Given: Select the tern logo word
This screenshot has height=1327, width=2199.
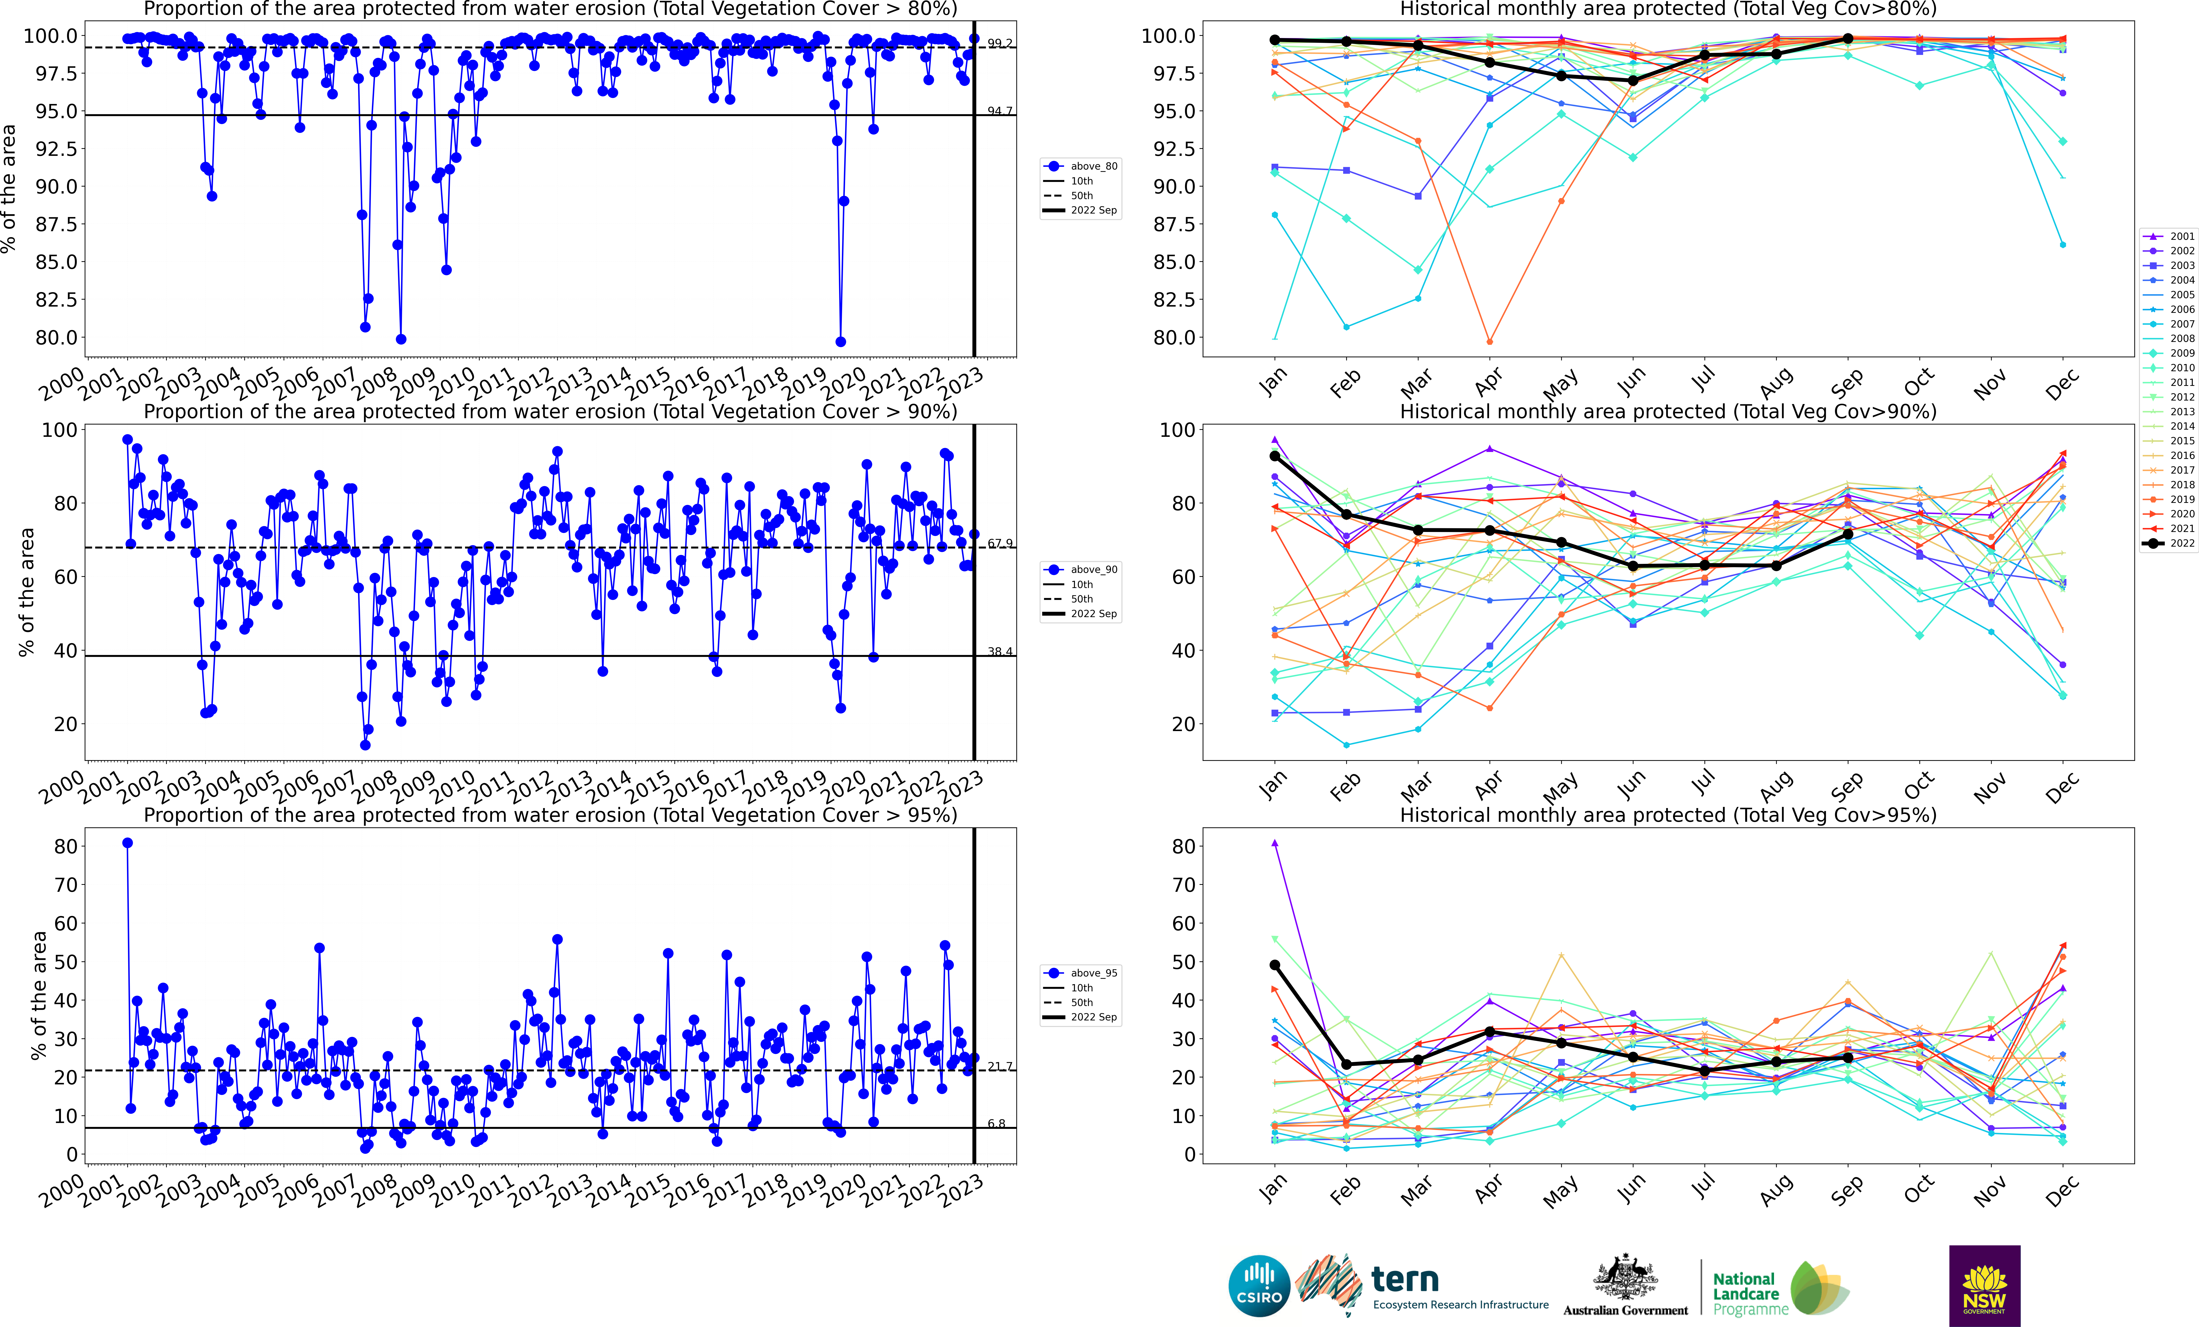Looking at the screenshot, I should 1405,1280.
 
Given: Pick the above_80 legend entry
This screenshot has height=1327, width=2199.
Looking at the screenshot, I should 1082,166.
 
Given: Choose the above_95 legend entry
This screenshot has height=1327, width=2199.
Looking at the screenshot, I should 1082,973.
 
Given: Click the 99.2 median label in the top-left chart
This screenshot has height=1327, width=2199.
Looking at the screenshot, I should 1000,43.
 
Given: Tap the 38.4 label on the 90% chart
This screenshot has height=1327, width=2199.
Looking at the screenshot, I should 1000,652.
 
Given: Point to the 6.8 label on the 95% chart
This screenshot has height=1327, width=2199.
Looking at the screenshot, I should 996,1123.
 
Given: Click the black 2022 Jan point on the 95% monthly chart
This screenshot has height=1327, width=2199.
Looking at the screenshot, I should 1274,965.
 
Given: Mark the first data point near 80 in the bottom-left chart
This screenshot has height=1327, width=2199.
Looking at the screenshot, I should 128,842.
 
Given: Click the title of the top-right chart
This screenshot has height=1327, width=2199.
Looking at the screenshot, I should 1668,9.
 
